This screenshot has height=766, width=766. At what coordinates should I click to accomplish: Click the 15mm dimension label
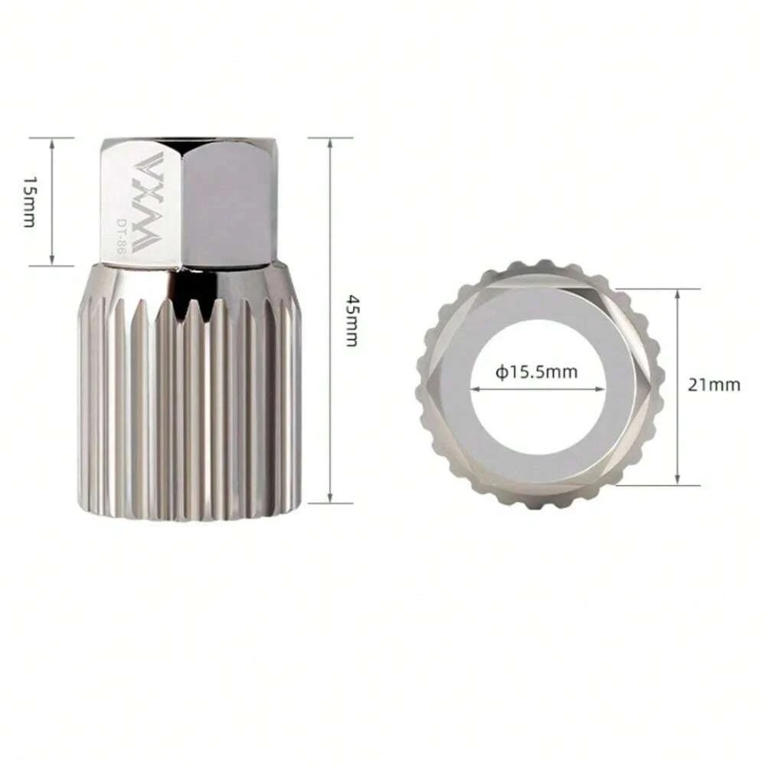pyautogui.click(x=28, y=201)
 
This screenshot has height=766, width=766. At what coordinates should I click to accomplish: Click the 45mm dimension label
pyautogui.click(x=350, y=319)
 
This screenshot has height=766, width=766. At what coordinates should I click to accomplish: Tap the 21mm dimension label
pyautogui.click(x=713, y=385)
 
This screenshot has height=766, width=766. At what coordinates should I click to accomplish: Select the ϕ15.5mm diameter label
pyautogui.click(x=536, y=373)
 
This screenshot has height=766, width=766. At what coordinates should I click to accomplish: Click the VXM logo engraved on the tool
pyautogui.click(x=144, y=201)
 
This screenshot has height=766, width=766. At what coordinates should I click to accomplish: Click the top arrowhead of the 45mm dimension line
pyautogui.click(x=329, y=142)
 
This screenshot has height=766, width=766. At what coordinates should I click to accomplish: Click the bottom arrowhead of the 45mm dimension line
pyautogui.click(x=329, y=499)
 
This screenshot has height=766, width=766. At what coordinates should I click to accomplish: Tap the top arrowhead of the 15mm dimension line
pyautogui.click(x=51, y=142)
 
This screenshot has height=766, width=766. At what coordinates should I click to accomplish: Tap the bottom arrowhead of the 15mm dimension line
pyautogui.click(x=51, y=261)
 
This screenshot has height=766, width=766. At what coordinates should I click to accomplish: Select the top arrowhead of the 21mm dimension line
pyautogui.click(x=678, y=293)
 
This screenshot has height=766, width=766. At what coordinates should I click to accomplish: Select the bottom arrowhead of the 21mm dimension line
pyautogui.click(x=678, y=480)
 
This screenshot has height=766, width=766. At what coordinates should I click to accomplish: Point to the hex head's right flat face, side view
pyautogui.click(x=228, y=203)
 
